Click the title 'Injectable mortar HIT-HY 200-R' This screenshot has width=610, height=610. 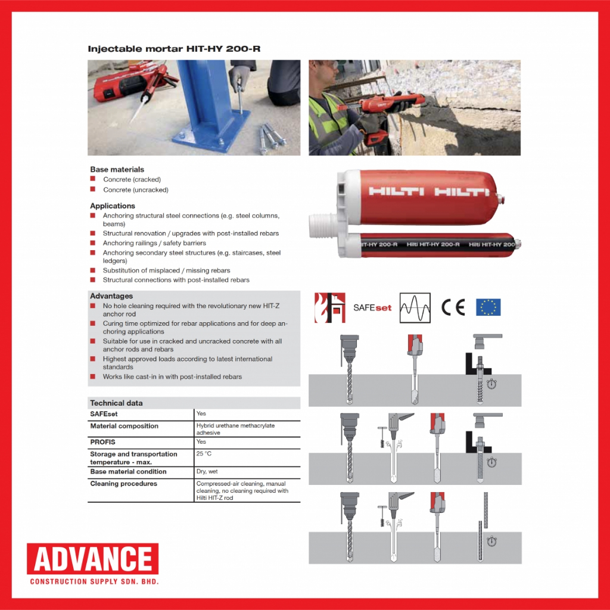click(x=174, y=49)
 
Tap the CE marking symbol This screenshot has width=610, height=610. click(x=453, y=307)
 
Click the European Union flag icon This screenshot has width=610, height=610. click(x=488, y=307)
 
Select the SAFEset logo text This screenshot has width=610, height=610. click(x=372, y=307)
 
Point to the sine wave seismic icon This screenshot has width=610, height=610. click(x=415, y=307)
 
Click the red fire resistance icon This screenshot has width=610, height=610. click(x=329, y=307)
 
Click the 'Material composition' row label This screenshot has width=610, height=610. click(x=124, y=426)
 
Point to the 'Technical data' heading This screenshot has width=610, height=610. click(x=116, y=403)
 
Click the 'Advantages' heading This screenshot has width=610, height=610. click(x=111, y=296)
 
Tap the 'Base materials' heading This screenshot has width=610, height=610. click(x=117, y=169)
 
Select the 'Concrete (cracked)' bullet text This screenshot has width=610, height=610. click(x=132, y=179)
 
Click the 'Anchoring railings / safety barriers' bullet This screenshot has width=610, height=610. click(x=154, y=243)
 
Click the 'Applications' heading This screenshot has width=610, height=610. click(x=113, y=206)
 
